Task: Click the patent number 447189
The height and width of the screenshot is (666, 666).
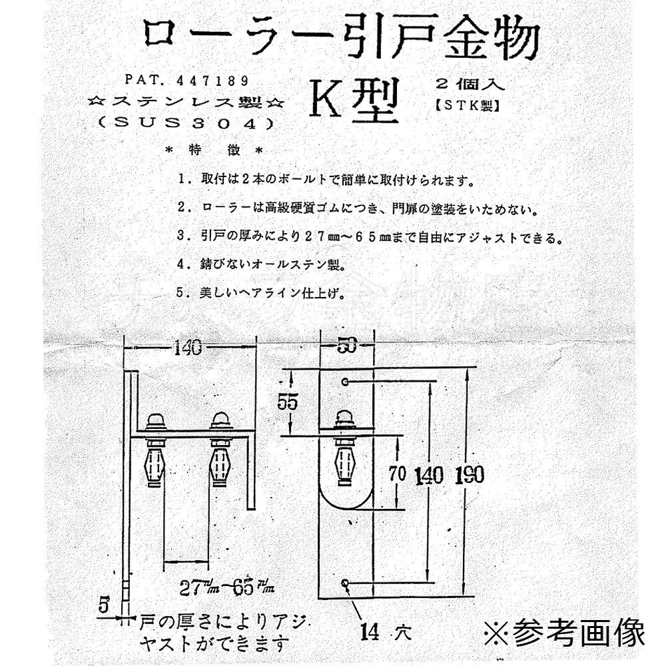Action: (213, 80)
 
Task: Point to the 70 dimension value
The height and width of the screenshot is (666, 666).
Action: (398, 474)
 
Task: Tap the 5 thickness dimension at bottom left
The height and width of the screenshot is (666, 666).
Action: (103, 605)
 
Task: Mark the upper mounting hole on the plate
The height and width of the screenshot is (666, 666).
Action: (345, 382)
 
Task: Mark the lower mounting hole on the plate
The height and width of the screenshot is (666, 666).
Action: (345, 583)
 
